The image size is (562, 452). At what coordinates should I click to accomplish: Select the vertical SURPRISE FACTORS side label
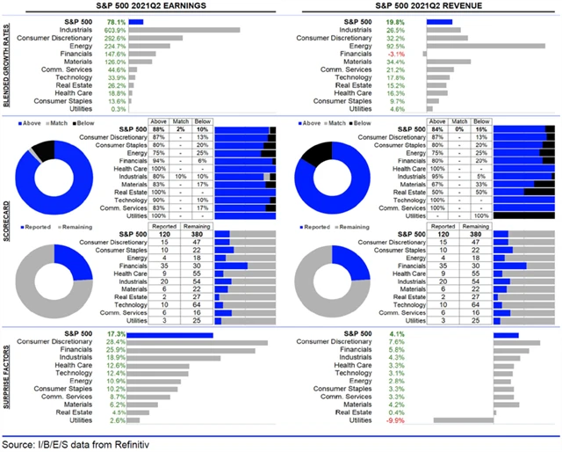6,378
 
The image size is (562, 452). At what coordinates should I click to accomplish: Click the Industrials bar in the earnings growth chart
185,29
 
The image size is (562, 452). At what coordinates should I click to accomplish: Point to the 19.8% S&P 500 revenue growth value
395,19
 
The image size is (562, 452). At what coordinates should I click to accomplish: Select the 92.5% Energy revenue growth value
395,47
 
